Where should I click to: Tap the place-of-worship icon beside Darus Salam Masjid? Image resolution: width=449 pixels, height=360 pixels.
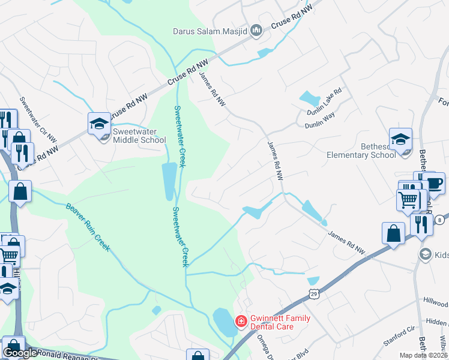point(257,29)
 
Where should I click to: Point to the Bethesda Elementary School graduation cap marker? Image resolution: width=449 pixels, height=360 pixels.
point(400,140)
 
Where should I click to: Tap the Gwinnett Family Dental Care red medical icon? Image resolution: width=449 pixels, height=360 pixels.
point(241,322)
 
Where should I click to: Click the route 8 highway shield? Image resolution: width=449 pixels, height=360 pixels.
point(444,220)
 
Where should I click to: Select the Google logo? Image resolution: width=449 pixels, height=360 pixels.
point(20,353)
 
